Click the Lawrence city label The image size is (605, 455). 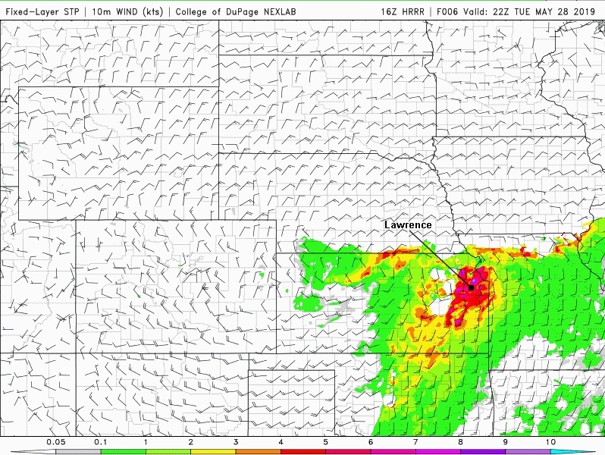(x=408, y=225)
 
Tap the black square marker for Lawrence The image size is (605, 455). (x=471, y=288)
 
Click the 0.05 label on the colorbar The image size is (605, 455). (x=55, y=441)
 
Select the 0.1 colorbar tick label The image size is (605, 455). (x=100, y=441)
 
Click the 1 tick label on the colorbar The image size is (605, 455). (x=146, y=441)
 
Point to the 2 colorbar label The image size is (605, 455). (x=190, y=441)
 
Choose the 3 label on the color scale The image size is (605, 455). (x=236, y=441)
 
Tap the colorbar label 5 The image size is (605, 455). (x=325, y=441)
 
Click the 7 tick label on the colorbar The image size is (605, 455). (x=415, y=441)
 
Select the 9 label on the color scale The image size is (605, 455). (x=506, y=441)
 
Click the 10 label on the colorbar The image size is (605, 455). (x=550, y=441)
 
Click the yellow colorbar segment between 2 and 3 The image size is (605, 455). (x=213, y=451)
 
